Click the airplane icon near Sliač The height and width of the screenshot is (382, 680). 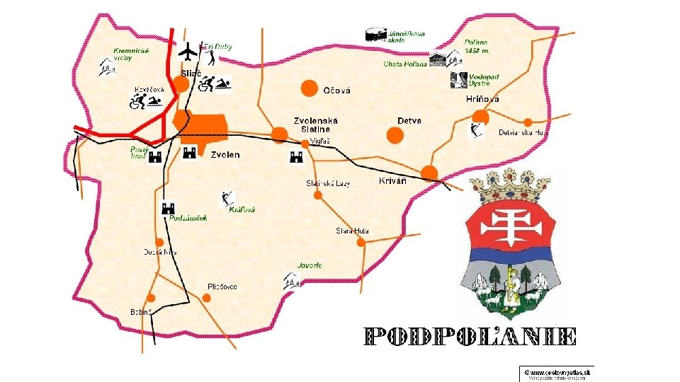click(x=188, y=52)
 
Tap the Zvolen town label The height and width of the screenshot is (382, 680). click(x=225, y=155)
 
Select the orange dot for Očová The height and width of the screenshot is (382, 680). click(x=309, y=88)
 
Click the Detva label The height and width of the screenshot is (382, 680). click(x=409, y=121)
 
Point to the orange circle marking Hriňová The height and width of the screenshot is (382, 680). click(x=481, y=117)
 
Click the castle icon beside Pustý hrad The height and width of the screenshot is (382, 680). click(x=157, y=157)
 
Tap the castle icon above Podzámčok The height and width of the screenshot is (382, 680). click(x=169, y=208)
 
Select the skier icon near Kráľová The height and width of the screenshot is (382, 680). click(x=227, y=198)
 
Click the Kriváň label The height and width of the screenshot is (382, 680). click(x=392, y=182)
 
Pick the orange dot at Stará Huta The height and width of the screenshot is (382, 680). click(x=361, y=243)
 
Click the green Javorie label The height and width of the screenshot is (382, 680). click(x=310, y=265)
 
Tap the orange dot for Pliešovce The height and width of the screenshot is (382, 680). click(x=207, y=298)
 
